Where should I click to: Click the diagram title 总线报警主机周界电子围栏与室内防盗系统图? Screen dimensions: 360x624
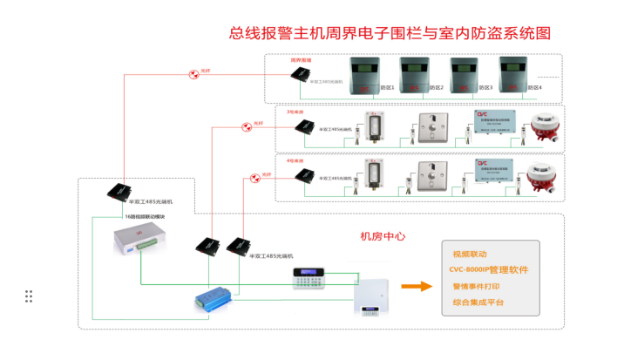point(390,34)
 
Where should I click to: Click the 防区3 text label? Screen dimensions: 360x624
point(485,88)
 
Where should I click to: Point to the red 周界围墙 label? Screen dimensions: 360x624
point(302,60)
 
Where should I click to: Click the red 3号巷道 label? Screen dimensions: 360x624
point(295,112)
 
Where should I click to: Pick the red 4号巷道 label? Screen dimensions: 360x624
point(295,160)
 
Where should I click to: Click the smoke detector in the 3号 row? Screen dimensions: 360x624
point(543,127)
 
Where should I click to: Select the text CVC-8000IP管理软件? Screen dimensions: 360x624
point(490,270)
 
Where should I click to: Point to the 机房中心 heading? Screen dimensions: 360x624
point(383,236)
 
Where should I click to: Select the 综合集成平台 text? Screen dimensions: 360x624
point(478,302)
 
